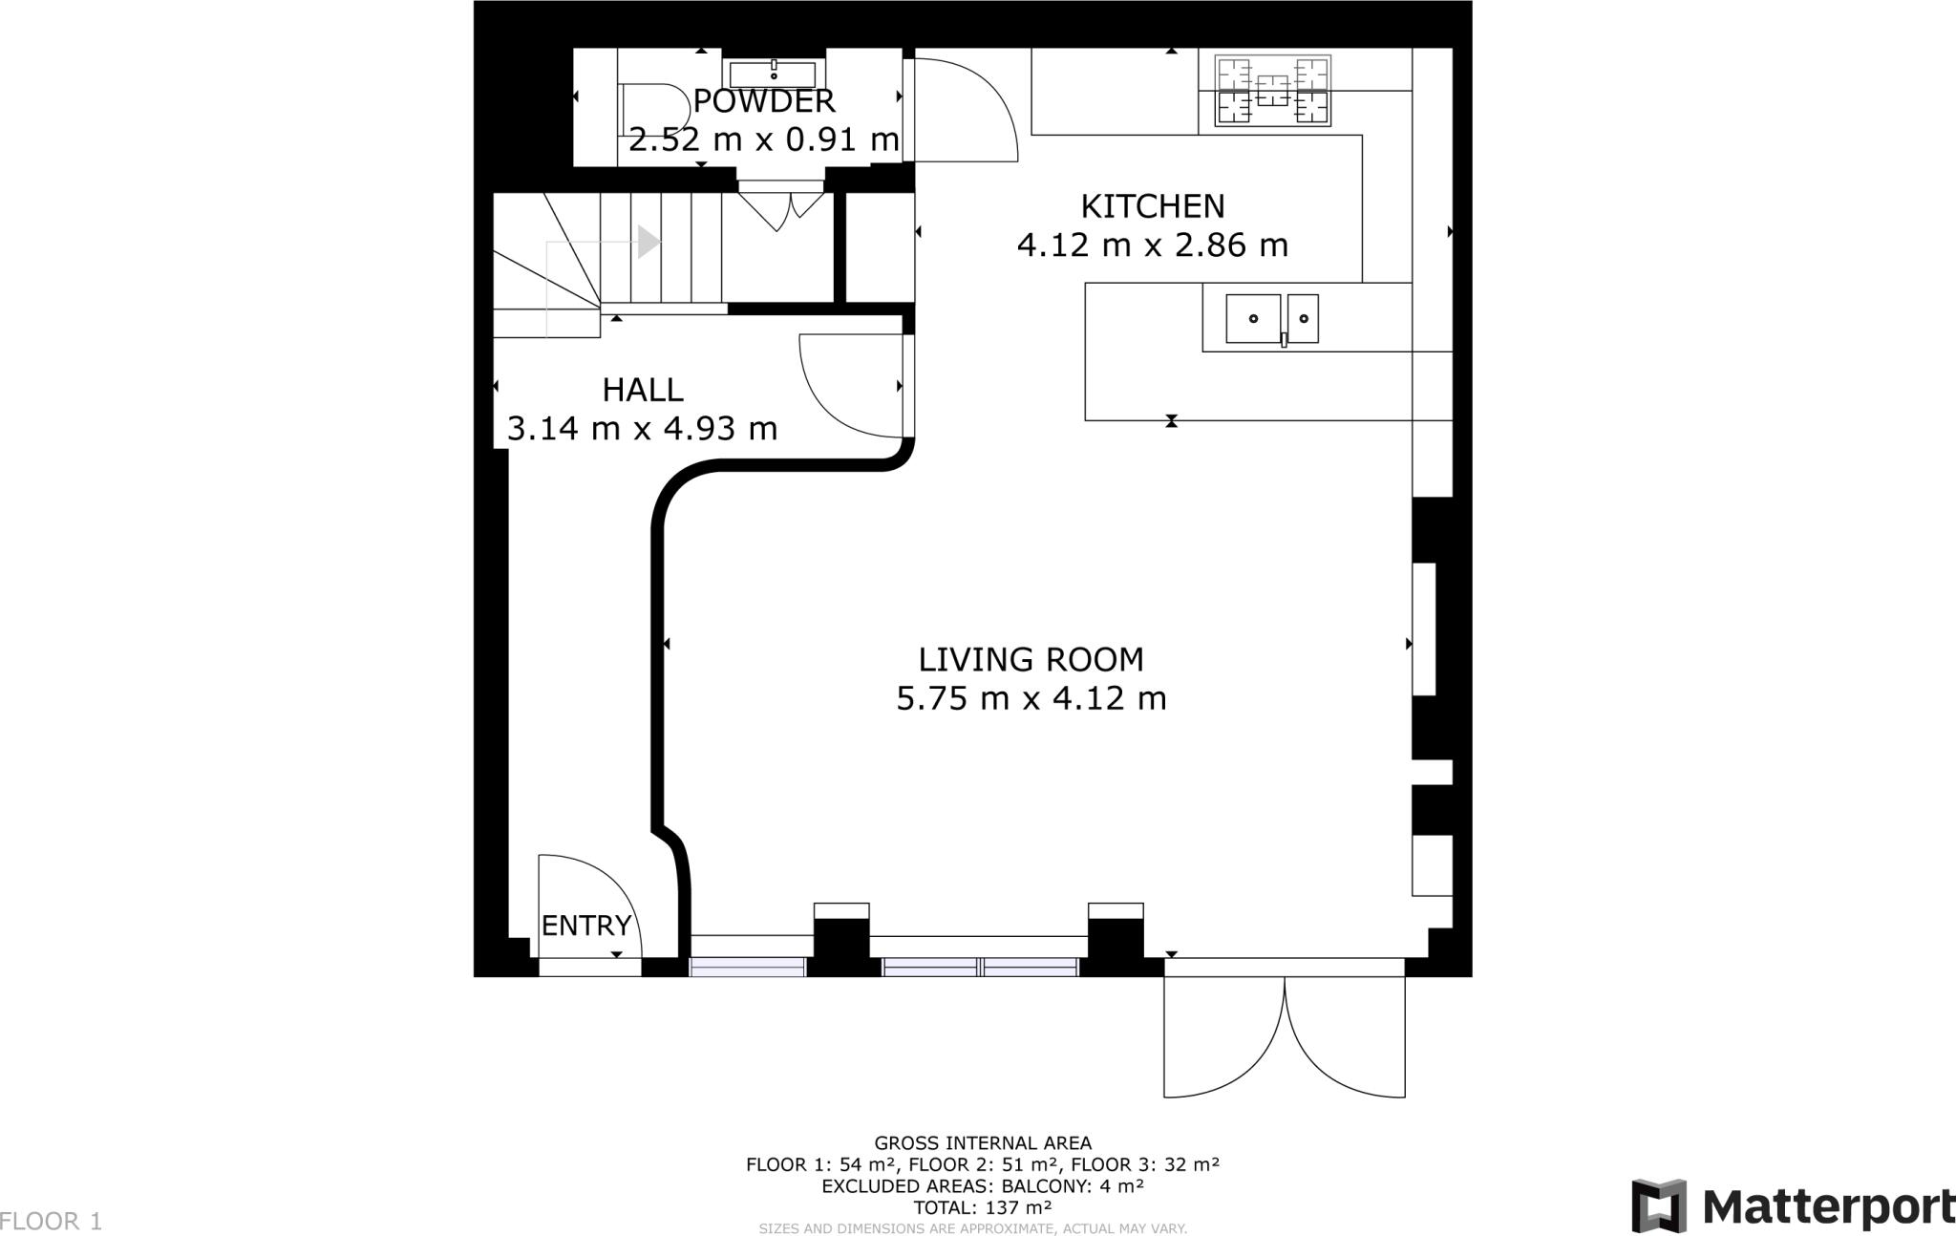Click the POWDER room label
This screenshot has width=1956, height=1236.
pyautogui.click(x=764, y=100)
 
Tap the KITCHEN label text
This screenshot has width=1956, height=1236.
pyautogui.click(x=1153, y=206)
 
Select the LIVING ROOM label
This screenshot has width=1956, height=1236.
pyautogui.click(x=1031, y=659)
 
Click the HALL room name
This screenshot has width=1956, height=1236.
pyautogui.click(x=643, y=390)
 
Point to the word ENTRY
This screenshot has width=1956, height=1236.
pyautogui.click(x=586, y=926)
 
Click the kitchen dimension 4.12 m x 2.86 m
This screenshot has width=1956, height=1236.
pyautogui.click(x=1153, y=245)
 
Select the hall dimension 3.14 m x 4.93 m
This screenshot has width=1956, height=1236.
pyautogui.click(x=642, y=429)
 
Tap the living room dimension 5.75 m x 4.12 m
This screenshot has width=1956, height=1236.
pyautogui.click(x=1031, y=698)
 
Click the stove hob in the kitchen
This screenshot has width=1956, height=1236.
pyautogui.click(x=1272, y=91)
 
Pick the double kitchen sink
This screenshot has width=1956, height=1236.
pyautogui.click(x=1272, y=319)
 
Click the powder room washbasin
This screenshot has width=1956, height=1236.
pyautogui.click(x=774, y=74)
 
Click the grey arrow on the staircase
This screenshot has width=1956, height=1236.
pyautogui.click(x=648, y=242)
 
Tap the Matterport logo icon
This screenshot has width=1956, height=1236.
pyautogui.click(x=1659, y=1206)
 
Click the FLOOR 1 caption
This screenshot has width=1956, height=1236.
pyautogui.click(x=51, y=1221)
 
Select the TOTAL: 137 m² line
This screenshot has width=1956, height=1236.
pyautogui.click(x=983, y=1207)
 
